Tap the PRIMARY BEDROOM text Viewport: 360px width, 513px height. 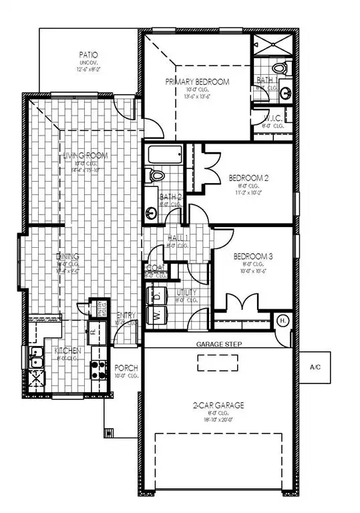[198, 82]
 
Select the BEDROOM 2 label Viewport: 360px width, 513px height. [248, 178]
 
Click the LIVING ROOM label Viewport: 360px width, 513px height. [86, 156]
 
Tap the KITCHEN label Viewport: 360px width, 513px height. [69, 351]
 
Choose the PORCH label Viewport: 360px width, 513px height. [126, 367]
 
